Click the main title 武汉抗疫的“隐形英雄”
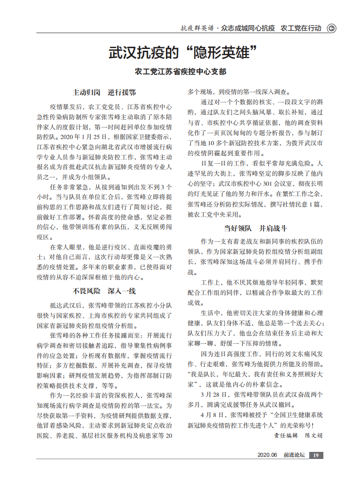click(183, 53)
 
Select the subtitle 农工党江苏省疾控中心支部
click(180, 72)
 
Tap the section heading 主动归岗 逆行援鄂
click(104, 93)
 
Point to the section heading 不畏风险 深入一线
click(104, 291)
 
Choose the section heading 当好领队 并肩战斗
click(255, 228)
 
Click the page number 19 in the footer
click(316, 455)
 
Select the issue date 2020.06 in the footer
click(267, 455)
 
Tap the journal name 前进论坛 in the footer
click(294, 455)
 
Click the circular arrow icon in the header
click(331, 28)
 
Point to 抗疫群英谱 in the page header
click(197, 28)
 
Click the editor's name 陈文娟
click(314, 435)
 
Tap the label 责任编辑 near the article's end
click(285, 435)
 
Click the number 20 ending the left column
click(168, 435)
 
